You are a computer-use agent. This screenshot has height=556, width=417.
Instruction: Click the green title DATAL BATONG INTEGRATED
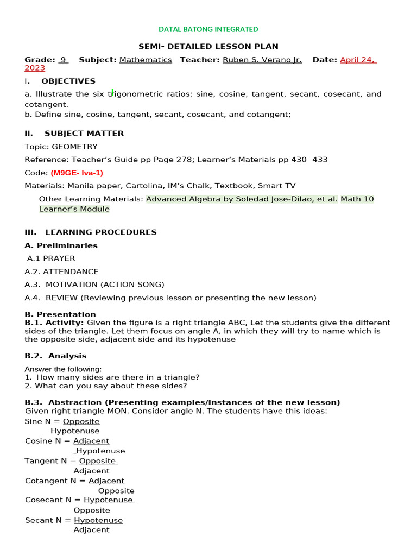tap(208, 29)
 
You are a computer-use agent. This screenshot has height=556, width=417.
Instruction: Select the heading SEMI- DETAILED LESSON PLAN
tap(208, 47)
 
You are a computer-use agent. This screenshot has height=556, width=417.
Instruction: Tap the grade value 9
tap(63, 60)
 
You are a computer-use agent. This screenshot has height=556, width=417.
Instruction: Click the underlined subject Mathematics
tap(146, 60)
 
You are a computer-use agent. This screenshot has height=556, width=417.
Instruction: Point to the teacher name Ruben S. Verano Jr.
tap(262, 60)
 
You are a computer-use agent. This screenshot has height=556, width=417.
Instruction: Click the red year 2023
tap(35, 68)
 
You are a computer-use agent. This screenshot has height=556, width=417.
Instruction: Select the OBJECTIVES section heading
tap(68, 81)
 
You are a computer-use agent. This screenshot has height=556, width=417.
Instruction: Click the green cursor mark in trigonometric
tap(112, 92)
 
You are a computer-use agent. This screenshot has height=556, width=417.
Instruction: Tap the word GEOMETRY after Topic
tap(75, 147)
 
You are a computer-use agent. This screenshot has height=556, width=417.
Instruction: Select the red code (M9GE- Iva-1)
tap(77, 173)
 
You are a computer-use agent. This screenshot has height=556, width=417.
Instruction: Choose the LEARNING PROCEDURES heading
tap(100, 232)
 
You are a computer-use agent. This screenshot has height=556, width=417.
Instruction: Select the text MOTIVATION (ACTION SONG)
tap(105, 285)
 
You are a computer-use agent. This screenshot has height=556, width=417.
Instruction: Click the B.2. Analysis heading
tap(55, 356)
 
